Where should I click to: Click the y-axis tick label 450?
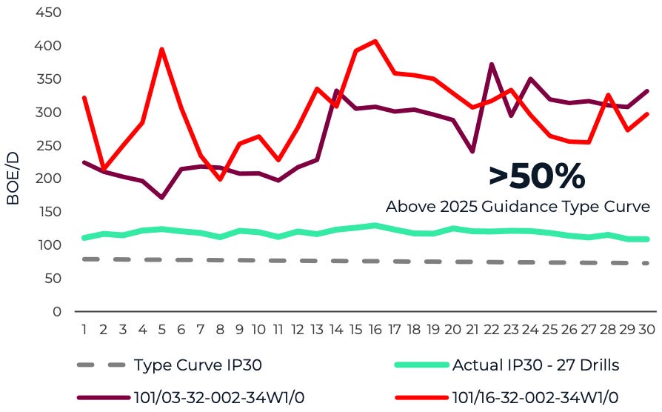(50, 13)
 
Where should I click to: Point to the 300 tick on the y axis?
(50, 112)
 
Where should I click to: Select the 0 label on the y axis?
(57, 312)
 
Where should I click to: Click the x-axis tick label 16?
(375, 328)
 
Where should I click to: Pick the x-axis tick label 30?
(645, 328)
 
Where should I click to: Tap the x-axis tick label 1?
(84, 328)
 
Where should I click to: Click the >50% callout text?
(536, 176)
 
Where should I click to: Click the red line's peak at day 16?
(375, 41)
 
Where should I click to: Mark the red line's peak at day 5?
(161, 50)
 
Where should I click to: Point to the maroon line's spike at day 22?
(491, 64)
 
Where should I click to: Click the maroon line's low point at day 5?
(161, 198)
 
